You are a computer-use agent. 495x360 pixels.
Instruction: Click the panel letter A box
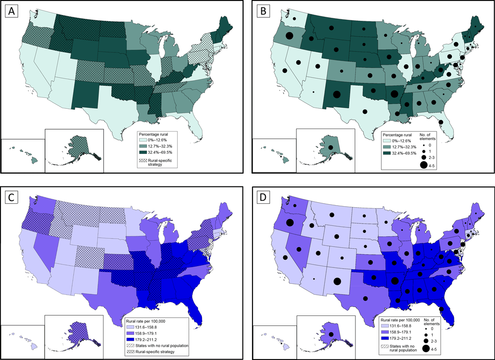coord(11,12)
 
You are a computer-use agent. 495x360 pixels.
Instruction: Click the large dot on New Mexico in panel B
coord(337,94)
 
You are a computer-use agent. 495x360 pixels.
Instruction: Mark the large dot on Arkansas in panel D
coord(395,280)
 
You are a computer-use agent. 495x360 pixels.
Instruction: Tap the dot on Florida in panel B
coord(441,122)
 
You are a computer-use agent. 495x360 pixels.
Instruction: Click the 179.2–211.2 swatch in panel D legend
coord(384,339)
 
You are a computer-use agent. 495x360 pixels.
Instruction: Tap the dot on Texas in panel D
coord(365,298)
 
